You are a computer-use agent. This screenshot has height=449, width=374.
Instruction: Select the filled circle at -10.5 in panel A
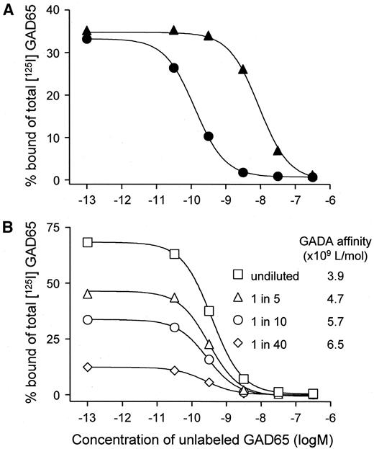(173, 68)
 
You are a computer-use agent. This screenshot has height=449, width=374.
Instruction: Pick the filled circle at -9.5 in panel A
(209, 136)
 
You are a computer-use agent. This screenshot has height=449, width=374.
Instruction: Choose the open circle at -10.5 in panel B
(174, 327)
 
